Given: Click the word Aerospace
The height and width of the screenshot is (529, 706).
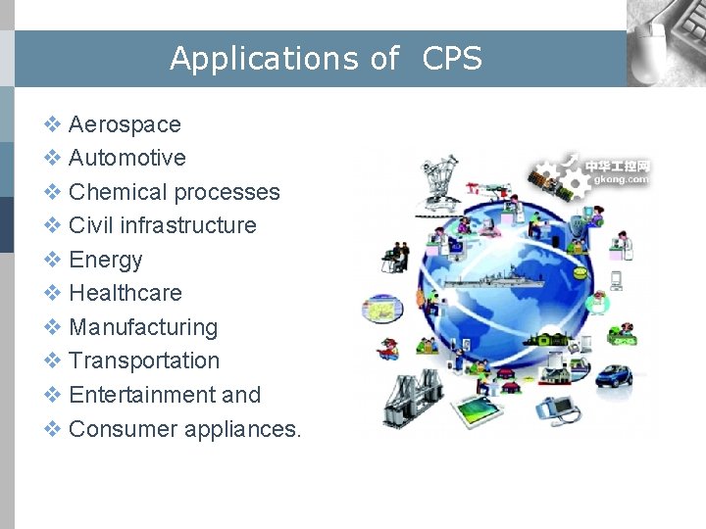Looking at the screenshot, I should pyautogui.click(x=125, y=124).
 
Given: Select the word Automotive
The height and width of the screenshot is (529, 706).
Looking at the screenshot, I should pyautogui.click(x=126, y=158).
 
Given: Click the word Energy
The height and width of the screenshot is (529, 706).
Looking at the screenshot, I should pyautogui.click(x=106, y=260).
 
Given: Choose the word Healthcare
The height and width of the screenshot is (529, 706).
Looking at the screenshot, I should pyautogui.click(x=126, y=293).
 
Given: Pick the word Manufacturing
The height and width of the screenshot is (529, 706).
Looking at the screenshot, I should pyautogui.click(x=143, y=327).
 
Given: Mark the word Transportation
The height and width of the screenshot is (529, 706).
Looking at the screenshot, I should pyautogui.click(x=144, y=361).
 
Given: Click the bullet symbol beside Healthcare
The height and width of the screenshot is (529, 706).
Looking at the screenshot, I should pyautogui.click(x=53, y=293).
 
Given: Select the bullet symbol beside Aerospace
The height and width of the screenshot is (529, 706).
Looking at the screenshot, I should pyautogui.click(x=53, y=124).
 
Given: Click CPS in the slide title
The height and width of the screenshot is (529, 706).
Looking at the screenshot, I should pyautogui.click(x=452, y=59).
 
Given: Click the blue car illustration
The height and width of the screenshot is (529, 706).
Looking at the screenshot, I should pyautogui.click(x=615, y=375).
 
